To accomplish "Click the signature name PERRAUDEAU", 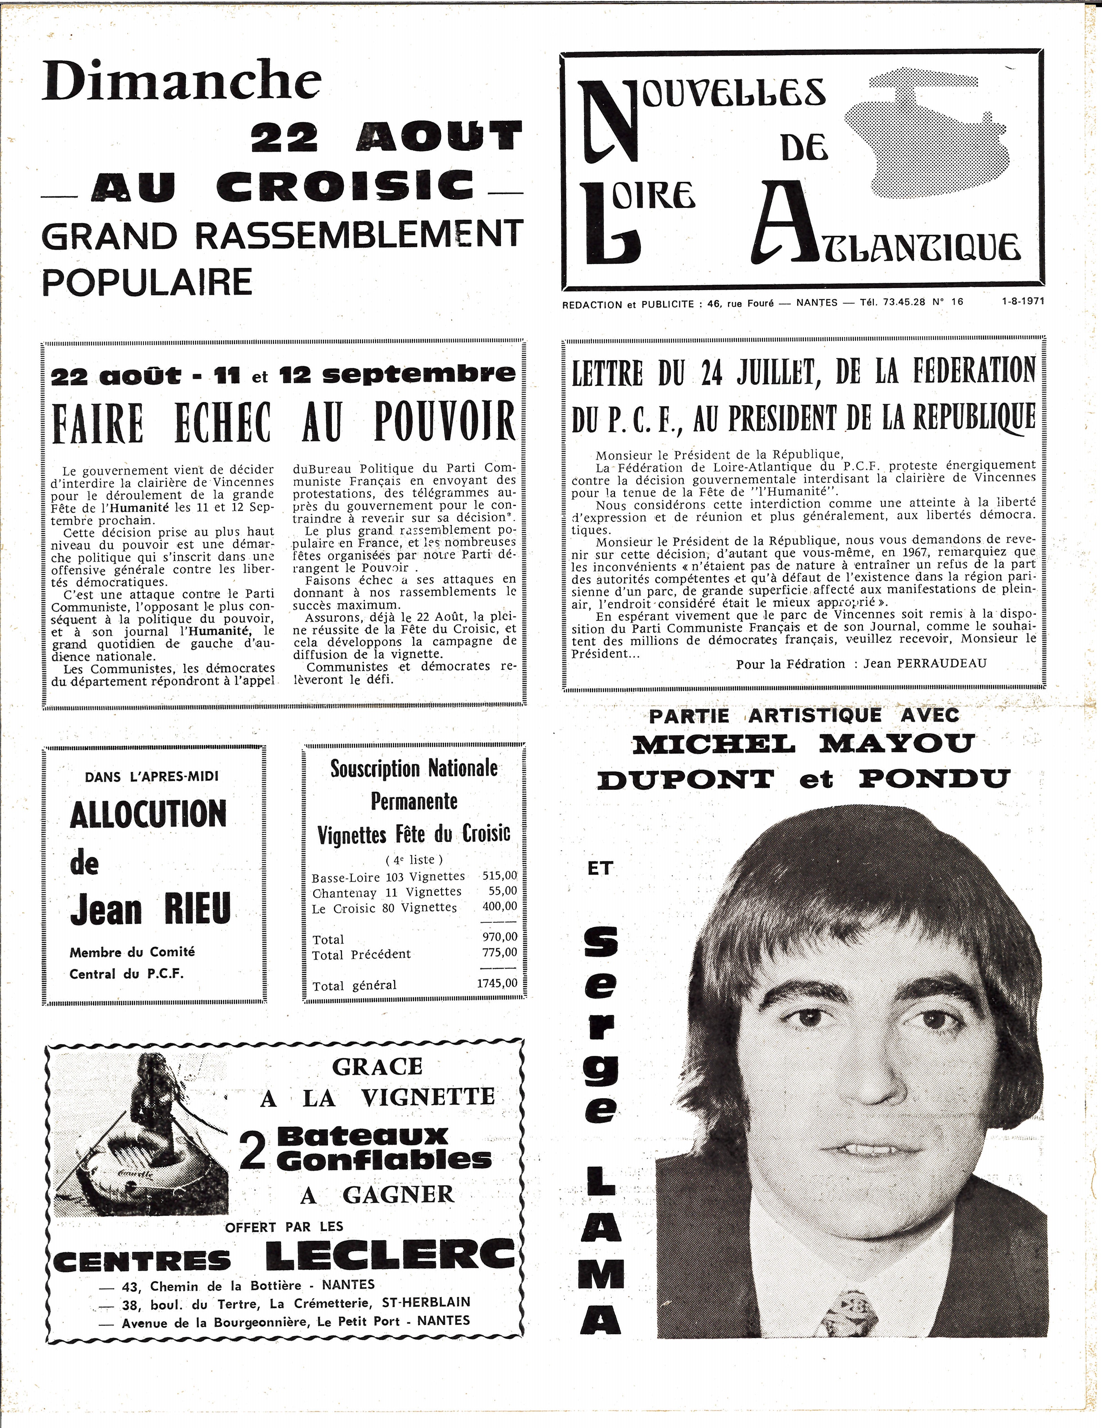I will pyautogui.click(x=941, y=663).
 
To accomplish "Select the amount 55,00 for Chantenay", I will pyautogui.click(x=502, y=890).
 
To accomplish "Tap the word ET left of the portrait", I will pyautogui.click(x=600, y=868).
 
